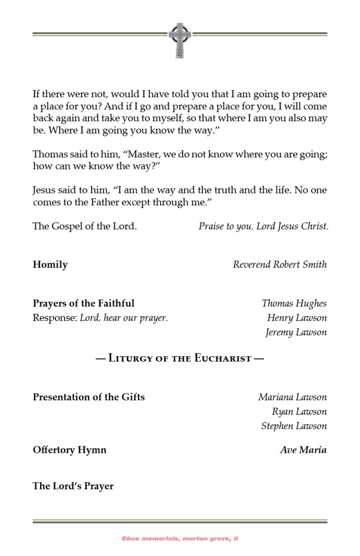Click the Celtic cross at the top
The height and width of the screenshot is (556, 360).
(180, 40)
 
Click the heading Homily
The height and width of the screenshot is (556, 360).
(50, 265)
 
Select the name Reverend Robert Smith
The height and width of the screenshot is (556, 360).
(280, 265)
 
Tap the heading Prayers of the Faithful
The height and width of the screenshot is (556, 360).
(84, 303)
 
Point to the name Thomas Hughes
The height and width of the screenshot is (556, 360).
(294, 304)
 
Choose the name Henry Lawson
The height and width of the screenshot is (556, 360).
(296, 318)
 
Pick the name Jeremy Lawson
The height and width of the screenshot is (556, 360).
(296, 332)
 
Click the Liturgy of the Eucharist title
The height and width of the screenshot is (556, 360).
(180, 358)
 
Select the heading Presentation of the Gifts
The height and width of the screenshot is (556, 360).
(89, 397)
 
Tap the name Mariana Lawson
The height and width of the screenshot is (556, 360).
(292, 397)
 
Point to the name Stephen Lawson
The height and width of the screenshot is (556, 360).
(294, 426)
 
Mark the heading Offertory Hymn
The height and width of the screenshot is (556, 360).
(70, 450)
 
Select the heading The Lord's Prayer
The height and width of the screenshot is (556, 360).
(73, 486)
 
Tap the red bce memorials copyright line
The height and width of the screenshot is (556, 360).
(180, 539)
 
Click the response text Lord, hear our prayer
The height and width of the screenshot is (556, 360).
(124, 318)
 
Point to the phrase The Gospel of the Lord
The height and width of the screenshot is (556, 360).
(85, 226)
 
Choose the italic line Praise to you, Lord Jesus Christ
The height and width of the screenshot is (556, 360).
(263, 226)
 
